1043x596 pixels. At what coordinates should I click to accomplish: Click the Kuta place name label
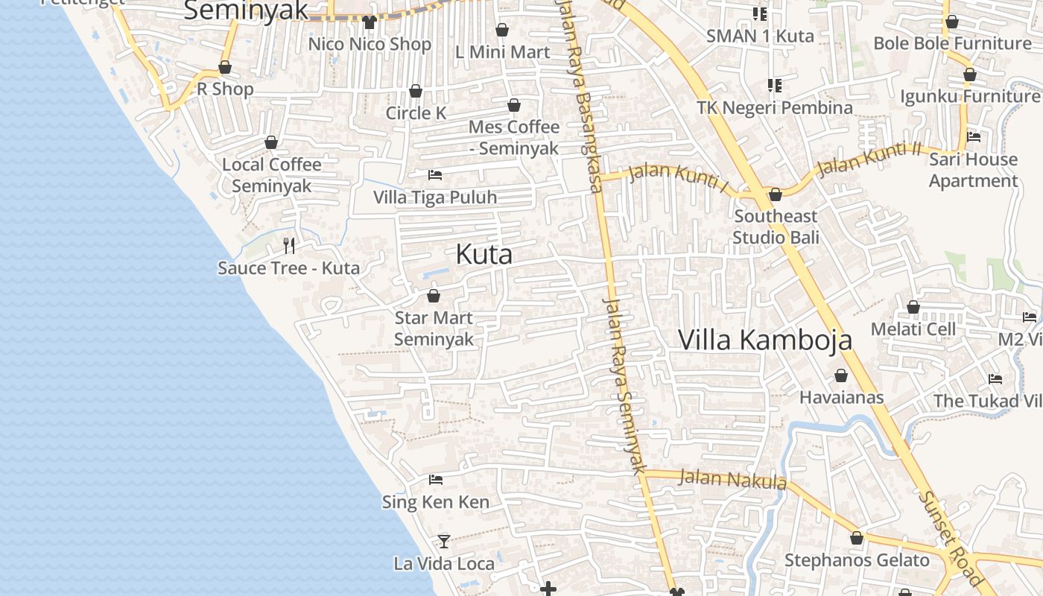484,255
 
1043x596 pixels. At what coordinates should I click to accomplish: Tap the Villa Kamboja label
765,340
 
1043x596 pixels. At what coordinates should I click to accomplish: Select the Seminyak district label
245,10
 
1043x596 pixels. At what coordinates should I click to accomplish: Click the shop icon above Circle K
416,91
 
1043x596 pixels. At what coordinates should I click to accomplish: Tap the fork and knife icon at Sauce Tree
289,245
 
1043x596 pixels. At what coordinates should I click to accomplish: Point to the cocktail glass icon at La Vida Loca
444,541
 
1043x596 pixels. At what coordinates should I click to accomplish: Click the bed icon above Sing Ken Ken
436,480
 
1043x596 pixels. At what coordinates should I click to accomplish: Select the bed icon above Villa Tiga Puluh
435,175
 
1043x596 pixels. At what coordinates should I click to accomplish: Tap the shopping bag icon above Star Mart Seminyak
434,296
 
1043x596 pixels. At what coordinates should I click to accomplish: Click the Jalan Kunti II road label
869,160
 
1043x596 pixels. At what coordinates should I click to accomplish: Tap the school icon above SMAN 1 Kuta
760,13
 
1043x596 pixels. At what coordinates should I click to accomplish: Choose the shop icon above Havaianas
841,375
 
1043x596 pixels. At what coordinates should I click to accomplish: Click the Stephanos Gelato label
857,560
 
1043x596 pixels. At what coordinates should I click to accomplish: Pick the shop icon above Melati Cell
913,307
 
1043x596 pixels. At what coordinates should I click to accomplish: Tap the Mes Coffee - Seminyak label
514,137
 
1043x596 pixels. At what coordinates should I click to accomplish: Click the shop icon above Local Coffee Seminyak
271,142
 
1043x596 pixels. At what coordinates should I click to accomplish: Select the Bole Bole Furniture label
952,43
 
